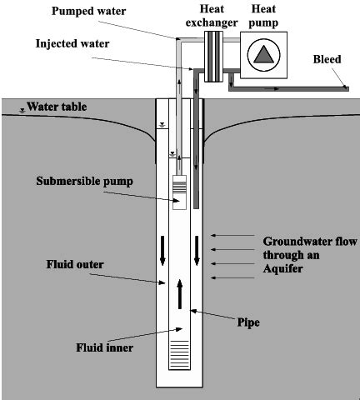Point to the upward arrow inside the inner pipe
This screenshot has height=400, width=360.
point(179,294)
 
